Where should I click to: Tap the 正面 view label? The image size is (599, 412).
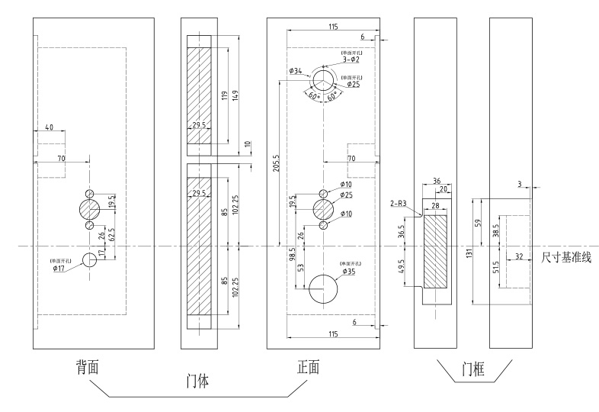pyautogui.click(x=309, y=367)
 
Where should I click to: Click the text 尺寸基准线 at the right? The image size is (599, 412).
pyautogui.click(x=566, y=258)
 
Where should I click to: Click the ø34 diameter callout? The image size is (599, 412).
pyautogui.click(x=296, y=71)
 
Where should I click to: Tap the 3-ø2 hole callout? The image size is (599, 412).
pyautogui.click(x=351, y=59)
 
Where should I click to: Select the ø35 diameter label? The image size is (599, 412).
pyautogui.click(x=350, y=271)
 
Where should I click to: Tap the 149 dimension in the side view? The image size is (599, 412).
pyautogui.click(x=235, y=95)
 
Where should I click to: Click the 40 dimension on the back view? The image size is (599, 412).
pyautogui.click(x=48, y=128)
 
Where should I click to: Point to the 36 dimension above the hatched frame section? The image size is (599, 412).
pyautogui.click(x=436, y=181)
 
